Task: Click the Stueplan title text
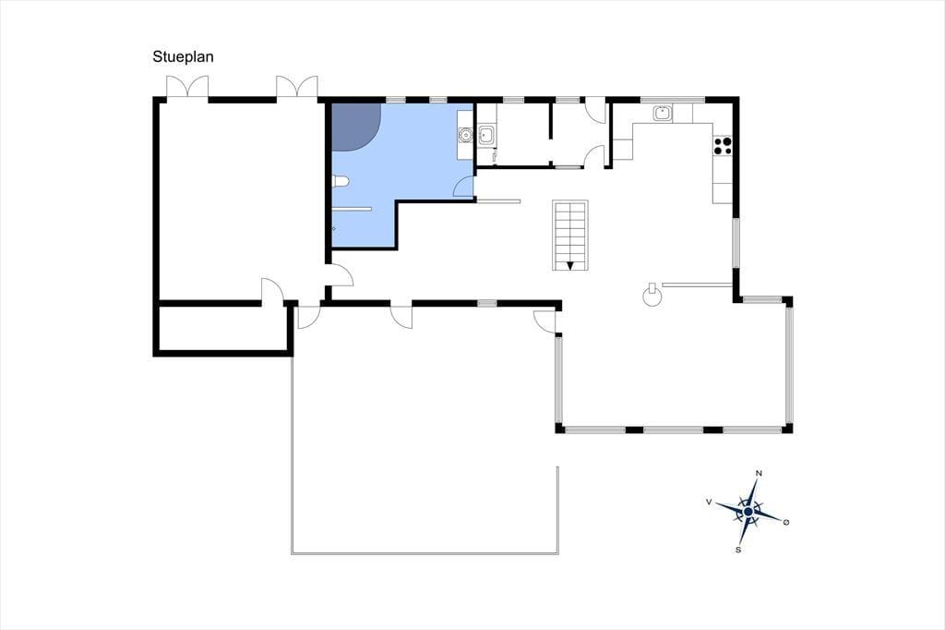pos(183,56)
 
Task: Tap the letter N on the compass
pos(759,473)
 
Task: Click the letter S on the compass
pos(738,550)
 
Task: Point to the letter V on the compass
pos(710,502)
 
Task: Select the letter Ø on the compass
pos(786,522)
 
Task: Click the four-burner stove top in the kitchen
pos(723,145)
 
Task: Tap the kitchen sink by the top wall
pos(663,113)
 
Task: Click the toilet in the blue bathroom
pos(341,180)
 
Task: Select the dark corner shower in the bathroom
pos(355,127)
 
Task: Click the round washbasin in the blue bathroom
pos(465,135)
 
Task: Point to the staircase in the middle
pos(570,236)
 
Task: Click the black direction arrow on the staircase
pos(570,265)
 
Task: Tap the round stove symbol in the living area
pos(652,297)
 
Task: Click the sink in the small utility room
pos(486,135)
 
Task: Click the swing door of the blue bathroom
pos(463,188)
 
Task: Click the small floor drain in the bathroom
pos(334,229)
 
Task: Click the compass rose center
pos(748,512)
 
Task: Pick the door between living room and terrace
pos(544,321)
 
